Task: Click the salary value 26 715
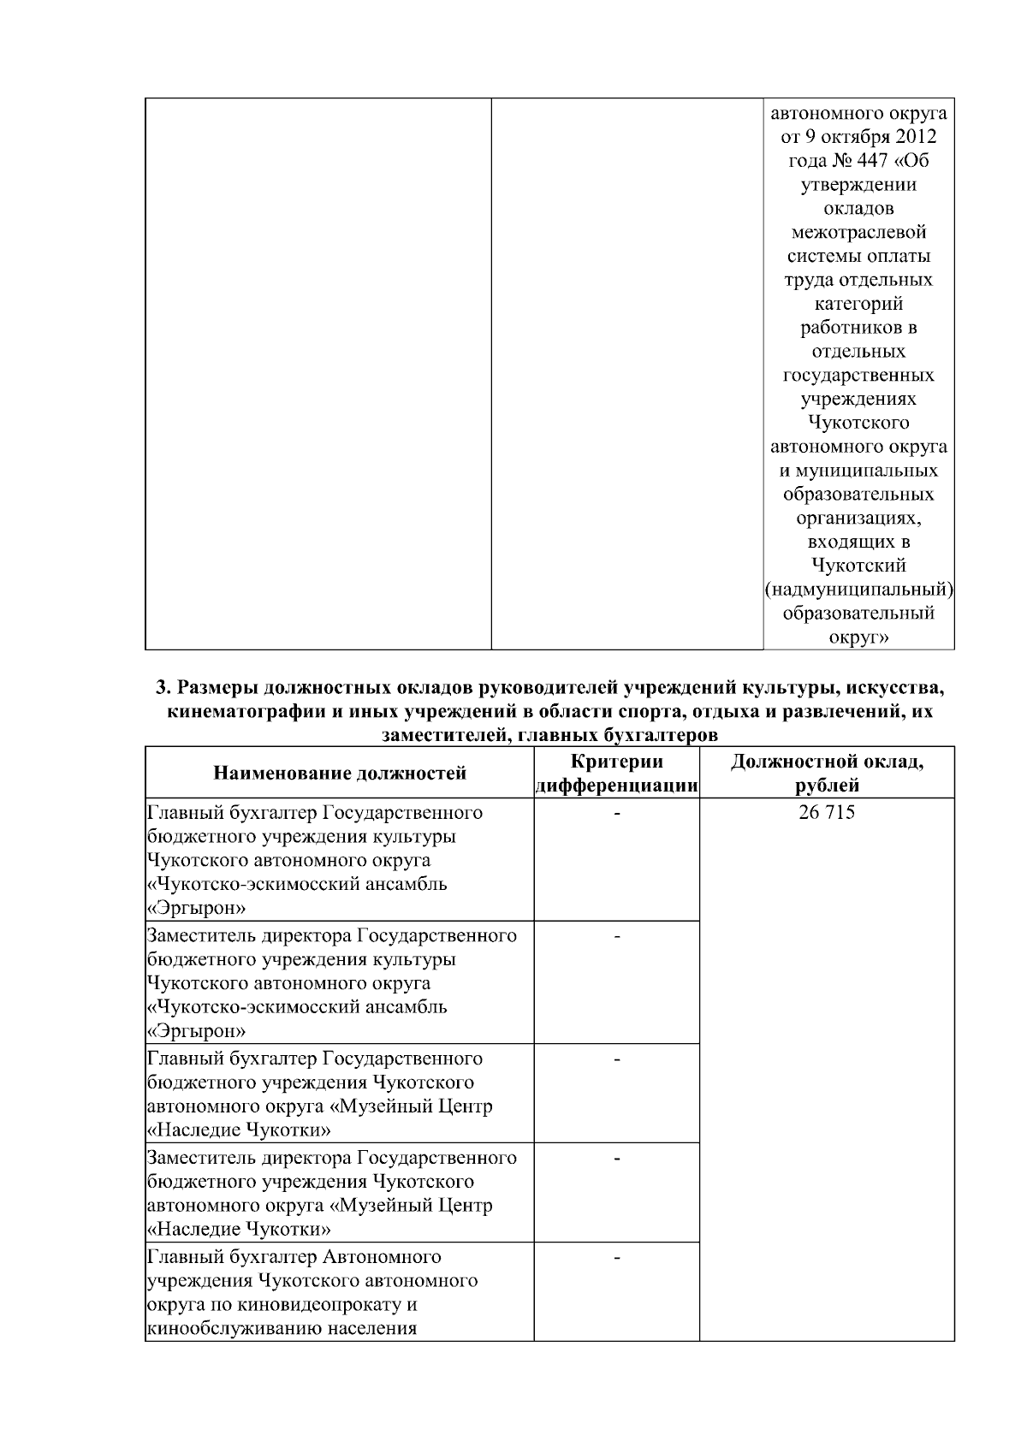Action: click(x=825, y=812)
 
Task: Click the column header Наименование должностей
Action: click(x=340, y=774)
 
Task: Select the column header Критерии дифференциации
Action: click(x=616, y=774)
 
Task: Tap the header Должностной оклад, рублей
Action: click(x=827, y=774)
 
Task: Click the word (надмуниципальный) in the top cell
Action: click(x=858, y=590)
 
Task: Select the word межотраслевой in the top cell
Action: click(x=858, y=232)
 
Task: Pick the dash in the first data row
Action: click(x=616, y=814)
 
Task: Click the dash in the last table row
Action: click(x=616, y=1259)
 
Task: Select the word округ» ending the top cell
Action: click(x=858, y=638)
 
